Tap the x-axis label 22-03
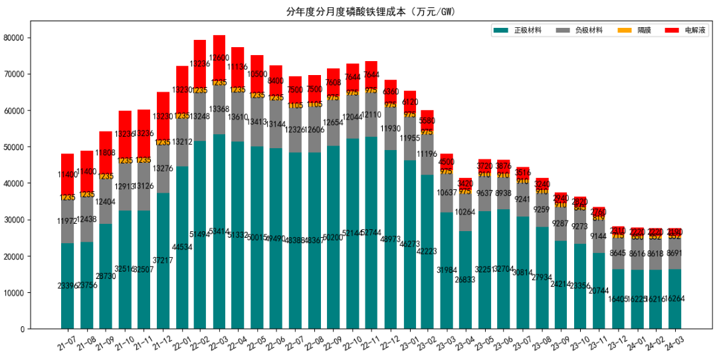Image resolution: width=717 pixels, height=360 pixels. pyautogui.click(x=219, y=341)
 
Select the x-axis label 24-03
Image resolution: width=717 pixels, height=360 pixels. pyautogui.click(x=674, y=341)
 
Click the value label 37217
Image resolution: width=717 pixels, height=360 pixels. pyautogui.click(x=162, y=260)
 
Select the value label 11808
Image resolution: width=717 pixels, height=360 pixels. pyautogui.click(x=106, y=153)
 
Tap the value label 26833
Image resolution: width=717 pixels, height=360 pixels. pyautogui.click(x=466, y=280)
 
